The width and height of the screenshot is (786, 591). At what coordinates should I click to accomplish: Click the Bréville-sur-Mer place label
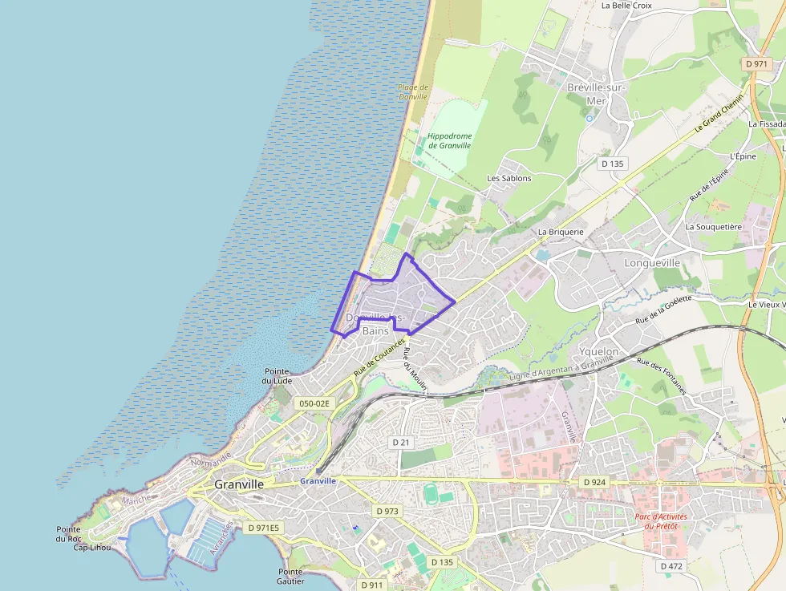tap(596, 94)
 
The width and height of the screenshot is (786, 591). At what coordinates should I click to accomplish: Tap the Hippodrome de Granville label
tap(449, 141)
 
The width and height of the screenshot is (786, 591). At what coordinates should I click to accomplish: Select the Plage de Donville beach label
tap(413, 91)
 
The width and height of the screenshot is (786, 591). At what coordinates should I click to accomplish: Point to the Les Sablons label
tap(509, 178)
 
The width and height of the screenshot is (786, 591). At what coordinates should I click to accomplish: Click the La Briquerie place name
tap(561, 232)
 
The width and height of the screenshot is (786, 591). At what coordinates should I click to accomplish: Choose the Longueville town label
tap(652, 262)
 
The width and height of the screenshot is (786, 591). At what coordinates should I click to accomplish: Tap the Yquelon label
tap(598, 351)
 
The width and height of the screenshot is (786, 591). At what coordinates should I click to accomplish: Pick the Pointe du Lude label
tap(277, 375)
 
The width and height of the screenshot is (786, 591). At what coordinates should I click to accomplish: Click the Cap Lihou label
tap(91, 547)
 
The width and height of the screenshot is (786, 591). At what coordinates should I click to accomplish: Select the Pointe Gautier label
tap(290, 576)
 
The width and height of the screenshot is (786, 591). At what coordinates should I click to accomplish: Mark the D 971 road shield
tap(756, 63)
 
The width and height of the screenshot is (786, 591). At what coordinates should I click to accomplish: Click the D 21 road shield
tap(401, 443)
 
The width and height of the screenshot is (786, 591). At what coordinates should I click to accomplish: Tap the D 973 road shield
tap(387, 511)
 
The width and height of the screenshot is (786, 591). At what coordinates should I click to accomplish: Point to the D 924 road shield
tap(594, 482)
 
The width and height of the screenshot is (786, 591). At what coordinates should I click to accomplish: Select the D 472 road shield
tap(671, 566)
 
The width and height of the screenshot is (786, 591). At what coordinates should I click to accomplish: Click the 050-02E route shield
tap(313, 403)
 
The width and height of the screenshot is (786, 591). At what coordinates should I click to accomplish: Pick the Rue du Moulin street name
tap(415, 370)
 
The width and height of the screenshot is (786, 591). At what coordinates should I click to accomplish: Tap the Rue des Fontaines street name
tap(662, 375)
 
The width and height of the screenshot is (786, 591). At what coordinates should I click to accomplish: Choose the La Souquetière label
tap(713, 227)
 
